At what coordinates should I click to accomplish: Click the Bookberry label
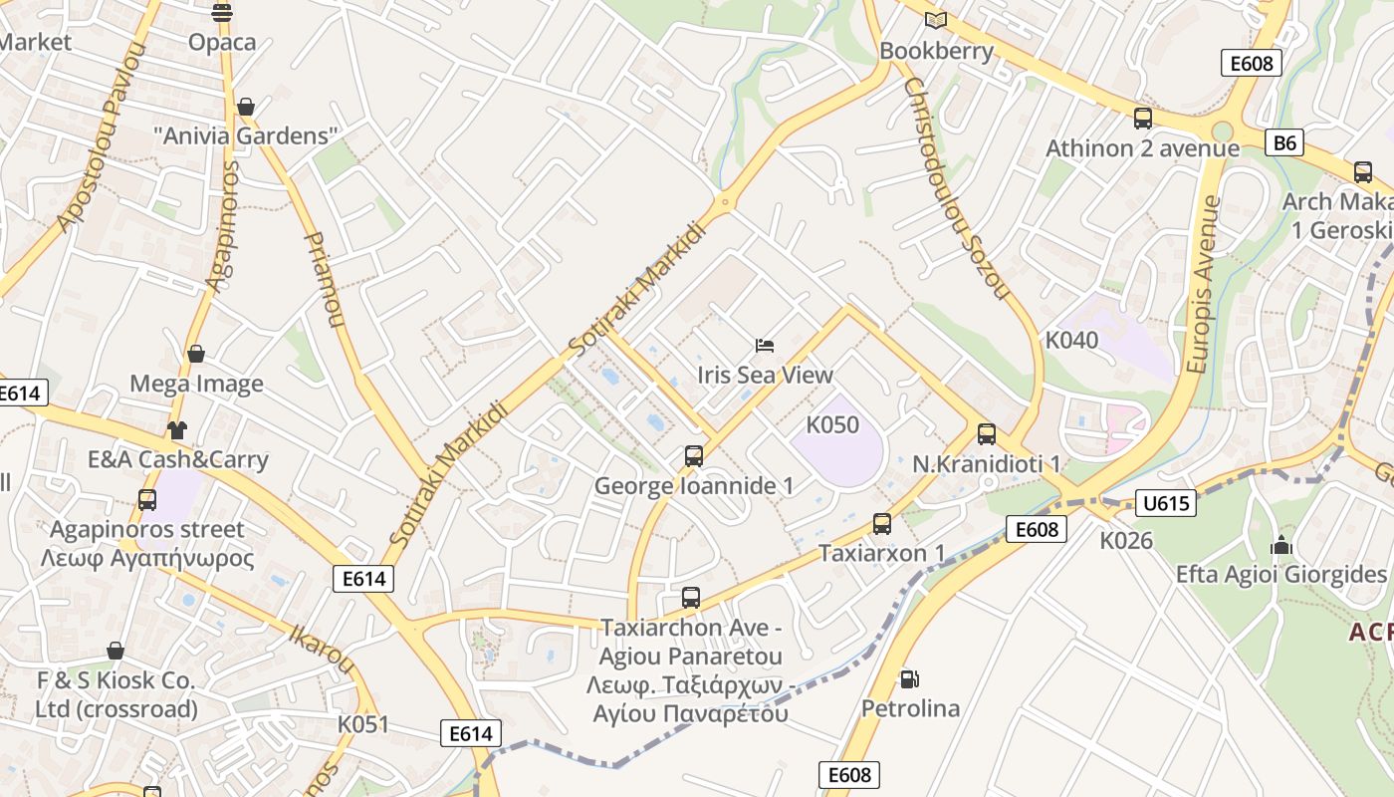pyautogui.click(x=936, y=51)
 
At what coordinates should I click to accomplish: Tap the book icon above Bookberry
pyautogui.click(x=935, y=20)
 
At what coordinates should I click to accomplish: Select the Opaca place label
pyautogui.click(x=222, y=42)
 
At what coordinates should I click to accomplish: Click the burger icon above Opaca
pyautogui.click(x=222, y=12)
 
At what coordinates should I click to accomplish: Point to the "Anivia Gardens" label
pyautogui.click(x=246, y=135)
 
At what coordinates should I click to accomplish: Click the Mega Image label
pyautogui.click(x=196, y=384)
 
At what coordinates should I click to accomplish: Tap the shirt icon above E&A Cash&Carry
pyautogui.click(x=177, y=430)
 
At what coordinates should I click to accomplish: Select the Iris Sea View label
pyautogui.click(x=765, y=375)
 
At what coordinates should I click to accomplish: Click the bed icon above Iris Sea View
pyautogui.click(x=765, y=346)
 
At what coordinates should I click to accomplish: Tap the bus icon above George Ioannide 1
pyautogui.click(x=694, y=456)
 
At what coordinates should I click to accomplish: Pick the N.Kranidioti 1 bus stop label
pyautogui.click(x=986, y=464)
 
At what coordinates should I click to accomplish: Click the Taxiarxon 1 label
pyautogui.click(x=881, y=552)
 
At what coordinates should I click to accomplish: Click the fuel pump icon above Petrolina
pyautogui.click(x=909, y=679)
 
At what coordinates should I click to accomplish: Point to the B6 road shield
pyautogui.click(x=1285, y=142)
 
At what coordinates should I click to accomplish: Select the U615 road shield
pyautogui.click(x=1165, y=503)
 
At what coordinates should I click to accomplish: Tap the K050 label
pyautogui.click(x=831, y=424)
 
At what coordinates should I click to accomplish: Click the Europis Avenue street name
pyautogui.click(x=1204, y=284)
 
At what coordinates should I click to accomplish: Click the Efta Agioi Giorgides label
pyautogui.click(x=1280, y=575)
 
